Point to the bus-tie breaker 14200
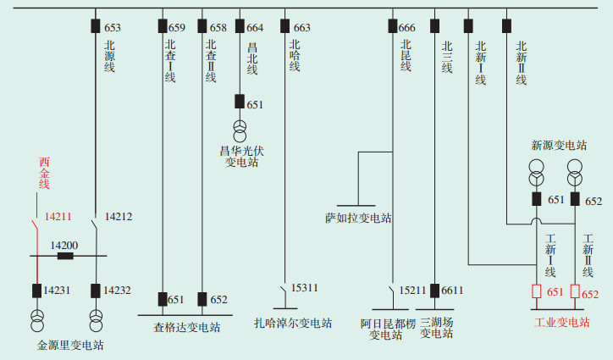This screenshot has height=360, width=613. pyautogui.click(x=65, y=255)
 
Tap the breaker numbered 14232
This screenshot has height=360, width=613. pyautogui.click(x=97, y=291)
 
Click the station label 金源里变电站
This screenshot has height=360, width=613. pyautogui.click(x=71, y=346)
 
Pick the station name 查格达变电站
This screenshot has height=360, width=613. pyautogui.click(x=186, y=327)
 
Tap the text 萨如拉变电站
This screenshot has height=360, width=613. pyautogui.click(x=358, y=218)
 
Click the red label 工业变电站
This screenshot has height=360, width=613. pyautogui.click(x=562, y=322)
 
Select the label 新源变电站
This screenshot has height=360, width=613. pyautogui.click(x=559, y=145)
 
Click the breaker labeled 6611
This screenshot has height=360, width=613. pyautogui.click(x=434, y=291)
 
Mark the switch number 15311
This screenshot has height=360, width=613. pyautogui.click(x=305, y=288)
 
